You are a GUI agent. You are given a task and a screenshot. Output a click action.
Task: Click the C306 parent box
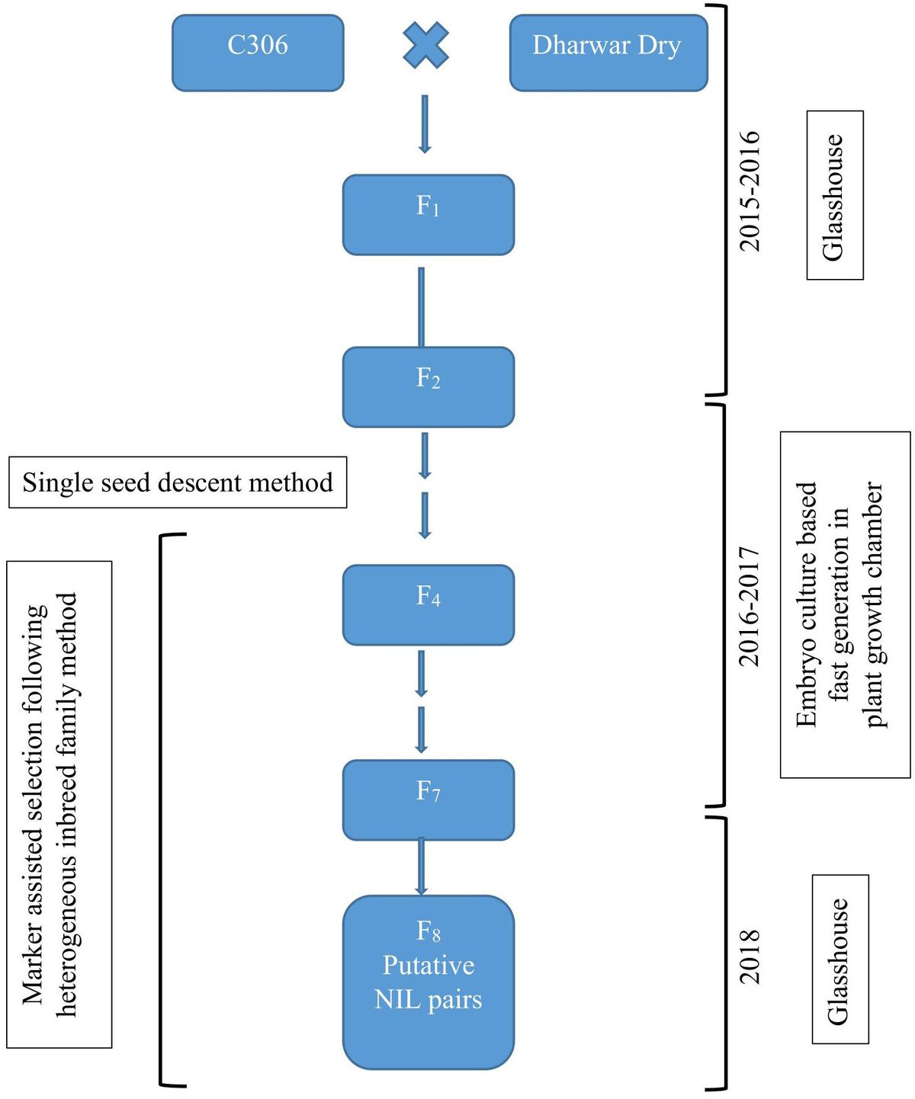pyautogui.click(x=258, y=53)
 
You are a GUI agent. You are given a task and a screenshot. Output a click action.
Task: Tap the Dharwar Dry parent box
pyautogui.click(x=608, y=53)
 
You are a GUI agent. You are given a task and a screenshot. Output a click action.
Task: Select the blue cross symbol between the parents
pyautogui.click(x=425, y=45)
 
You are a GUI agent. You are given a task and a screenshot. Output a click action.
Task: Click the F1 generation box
pyautogui.click(x=428, y=214)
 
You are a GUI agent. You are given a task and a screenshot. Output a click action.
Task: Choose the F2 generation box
pyautogui.click(x=428, y=386)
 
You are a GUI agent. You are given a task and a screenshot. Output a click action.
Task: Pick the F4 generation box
pyautogui.click(x=428, y=604)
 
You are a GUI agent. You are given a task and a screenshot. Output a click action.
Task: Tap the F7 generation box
pyautogui.click(x=428, y=799)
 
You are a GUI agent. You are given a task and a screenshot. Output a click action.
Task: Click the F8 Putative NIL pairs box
pyautogui.click(x=428, y=982)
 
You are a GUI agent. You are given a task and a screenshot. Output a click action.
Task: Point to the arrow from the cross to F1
pyautogui.click(x=425, y=123)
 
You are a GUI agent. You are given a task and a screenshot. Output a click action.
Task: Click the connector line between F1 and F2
pyautogui.click(x=421, y=306)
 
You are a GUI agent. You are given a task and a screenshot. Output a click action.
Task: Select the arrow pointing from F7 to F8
pyautogui.click(x=421, y=867)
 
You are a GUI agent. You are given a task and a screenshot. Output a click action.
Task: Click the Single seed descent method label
pyautogui.click(x=178, y=482)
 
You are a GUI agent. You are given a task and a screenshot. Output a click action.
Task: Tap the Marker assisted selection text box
pyautogui.click(x=59, y=804)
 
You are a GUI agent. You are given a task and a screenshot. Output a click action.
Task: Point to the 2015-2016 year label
pyautogui.click(x=750, y=191)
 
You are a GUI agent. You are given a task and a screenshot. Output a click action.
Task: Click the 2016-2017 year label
pyautogui.click(x=750, y=606)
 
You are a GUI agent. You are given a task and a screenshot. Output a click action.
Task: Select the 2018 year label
pyautogui.click(x=750, y=956)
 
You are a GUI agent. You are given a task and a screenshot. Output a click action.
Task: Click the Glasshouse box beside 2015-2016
pyautogui.click(x=835, y=195)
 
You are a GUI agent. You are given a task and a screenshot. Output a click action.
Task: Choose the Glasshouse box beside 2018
pyautogui.click(x=840, y=959)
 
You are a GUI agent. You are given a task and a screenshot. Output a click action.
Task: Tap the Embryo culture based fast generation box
pyautogui.click(x=845, y=604)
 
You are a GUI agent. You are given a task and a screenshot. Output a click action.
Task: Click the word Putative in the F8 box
pyautogui.click(x=428, y=965)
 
